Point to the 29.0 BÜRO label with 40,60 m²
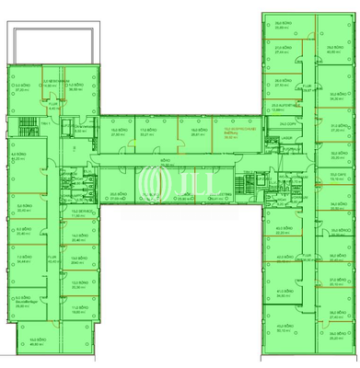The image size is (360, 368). click(332, 50)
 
